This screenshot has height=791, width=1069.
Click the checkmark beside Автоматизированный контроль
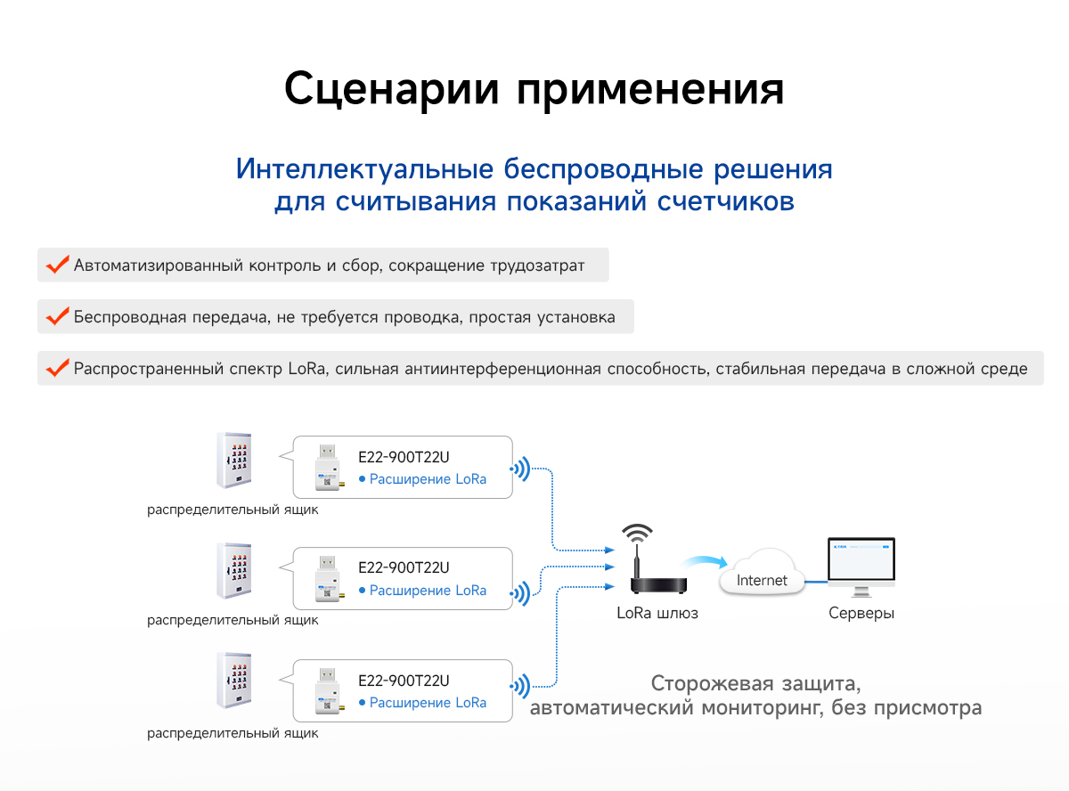(x=58, y=265)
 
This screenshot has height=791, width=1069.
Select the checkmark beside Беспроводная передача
(x=58, y=317)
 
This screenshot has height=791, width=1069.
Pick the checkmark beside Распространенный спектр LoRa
(x=58, y=369)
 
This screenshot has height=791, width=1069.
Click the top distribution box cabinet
(x=234, y=461)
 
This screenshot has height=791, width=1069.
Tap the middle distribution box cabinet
(x=234, y=572)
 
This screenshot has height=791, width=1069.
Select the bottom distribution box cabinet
(x=234, y=681)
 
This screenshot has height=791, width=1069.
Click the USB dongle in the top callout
(x=326, y=468)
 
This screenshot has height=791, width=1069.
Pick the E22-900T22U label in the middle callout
(x=404, y=567)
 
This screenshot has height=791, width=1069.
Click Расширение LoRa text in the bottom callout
(x=428, y=703)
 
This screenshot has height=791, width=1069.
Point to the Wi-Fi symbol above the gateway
(x=637, y=534)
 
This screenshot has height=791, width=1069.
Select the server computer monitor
(x=861, y=563)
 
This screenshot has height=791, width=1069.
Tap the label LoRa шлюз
(x=657, y=614)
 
